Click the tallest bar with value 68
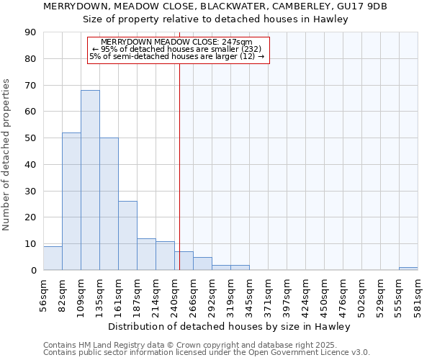(x=90, y=180)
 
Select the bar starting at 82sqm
(x=71, y=202)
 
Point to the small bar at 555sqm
(x=408, y=269)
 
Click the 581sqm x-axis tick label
(x=418, y=294)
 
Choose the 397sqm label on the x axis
(x=287, y=294)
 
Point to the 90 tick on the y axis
(x=30, y=32)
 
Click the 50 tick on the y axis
(x=30, y=138)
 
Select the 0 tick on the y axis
(x=33, y=270)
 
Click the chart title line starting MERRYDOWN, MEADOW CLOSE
(x=215, y=6)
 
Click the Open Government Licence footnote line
(x=207, y=353)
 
